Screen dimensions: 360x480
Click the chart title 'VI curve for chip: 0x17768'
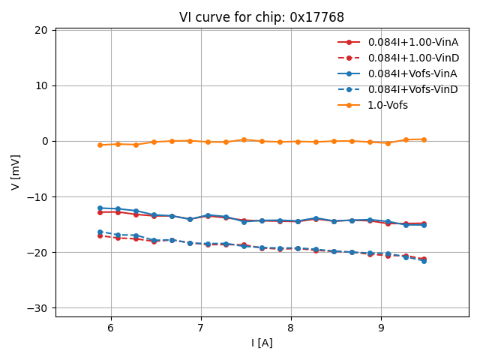click(x=262, y=17)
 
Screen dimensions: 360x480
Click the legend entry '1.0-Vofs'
click(x=387, y=105)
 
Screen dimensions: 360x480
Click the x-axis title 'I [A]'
click(x=262, y=343)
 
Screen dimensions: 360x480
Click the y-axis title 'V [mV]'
click(x=16, y=172)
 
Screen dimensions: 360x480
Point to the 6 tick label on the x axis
click(x=111, y=328)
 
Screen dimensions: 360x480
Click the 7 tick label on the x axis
click(x=201, y=328)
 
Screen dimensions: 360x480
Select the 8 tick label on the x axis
click(x=291, y=328)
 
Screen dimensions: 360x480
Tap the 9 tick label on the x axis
click(x=381, y=328)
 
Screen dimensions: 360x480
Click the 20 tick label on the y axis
click(x=40, y=30)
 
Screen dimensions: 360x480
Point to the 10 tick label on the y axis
click(x=40, y=85)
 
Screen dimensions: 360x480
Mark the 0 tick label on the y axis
click(x=44, y=141)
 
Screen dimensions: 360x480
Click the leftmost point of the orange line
click(x=100, y=145)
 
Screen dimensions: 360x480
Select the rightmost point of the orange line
click(x=424, y=139)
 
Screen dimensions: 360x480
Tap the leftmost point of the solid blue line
click(x=100, y=208)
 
